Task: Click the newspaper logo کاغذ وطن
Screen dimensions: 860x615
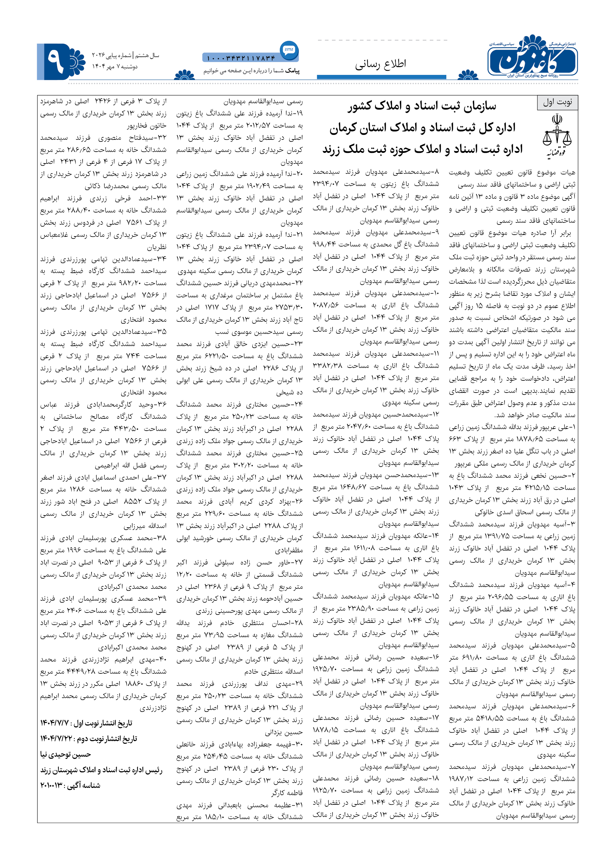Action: tap(532, 57)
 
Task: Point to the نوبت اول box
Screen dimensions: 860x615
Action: tap(558, 102)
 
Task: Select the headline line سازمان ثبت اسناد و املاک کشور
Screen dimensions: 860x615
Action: tap(422, 106)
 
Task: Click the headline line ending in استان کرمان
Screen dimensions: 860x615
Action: tap(422, 128)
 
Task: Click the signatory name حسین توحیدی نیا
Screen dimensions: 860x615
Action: tap(66, 755)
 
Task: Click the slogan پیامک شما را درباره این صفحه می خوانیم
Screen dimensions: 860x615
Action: tap(251, 71)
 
